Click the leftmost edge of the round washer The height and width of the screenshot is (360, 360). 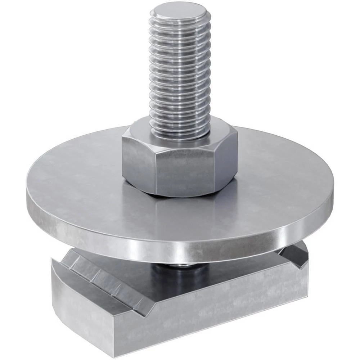(27, 196)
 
